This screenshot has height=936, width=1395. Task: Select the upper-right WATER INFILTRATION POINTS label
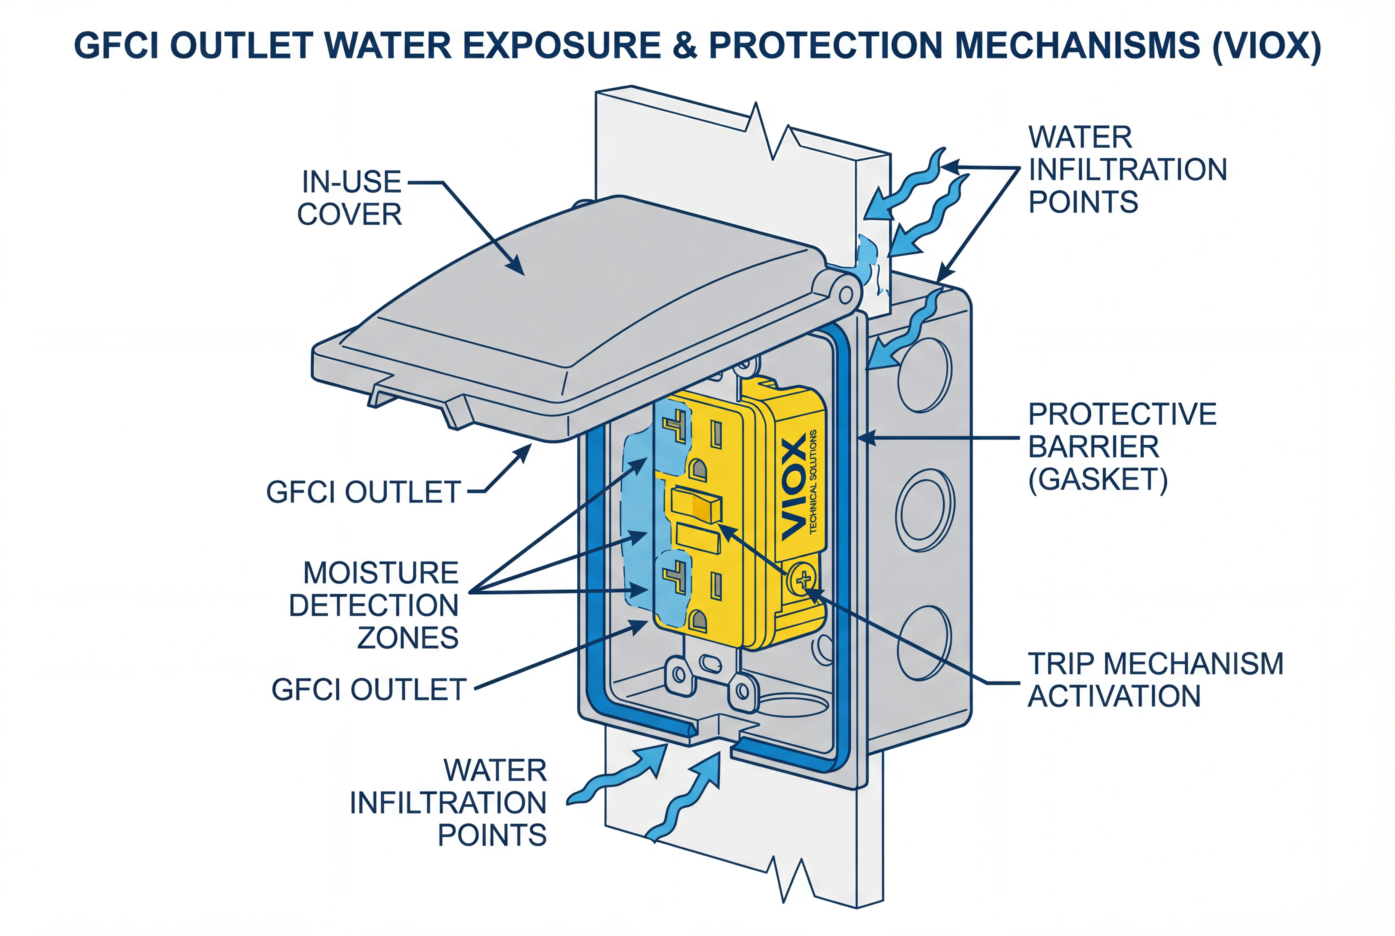(1126, 169)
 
